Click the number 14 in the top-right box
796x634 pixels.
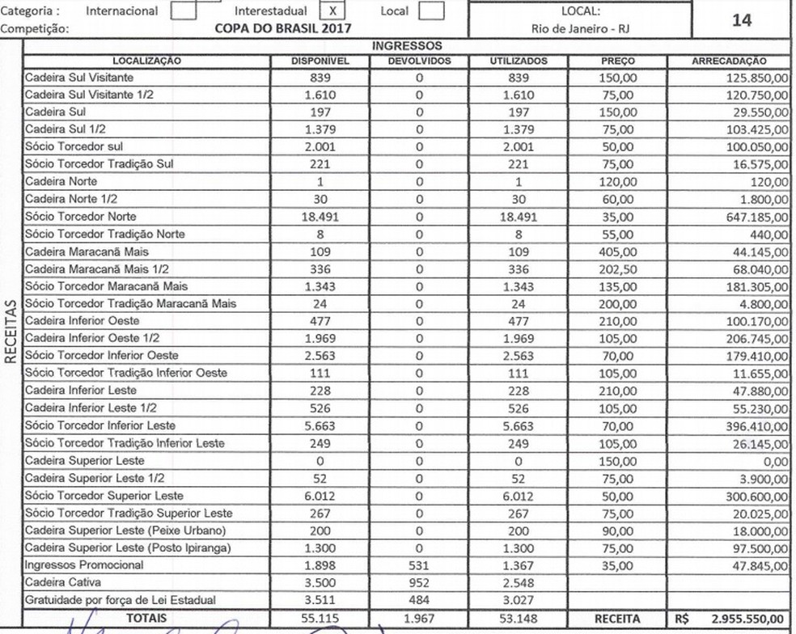tap(741, 20)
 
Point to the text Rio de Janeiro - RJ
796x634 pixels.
tap(580, 29)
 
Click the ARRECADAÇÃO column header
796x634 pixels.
tap(729, 61)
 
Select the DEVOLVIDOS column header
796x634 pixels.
tap(419, 61)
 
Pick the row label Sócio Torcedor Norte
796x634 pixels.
tap(81, 217)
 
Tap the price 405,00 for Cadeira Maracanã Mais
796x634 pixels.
tap(618, 251)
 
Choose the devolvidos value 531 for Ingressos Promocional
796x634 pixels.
tap(419, 564)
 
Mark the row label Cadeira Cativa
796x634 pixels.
tap(63, 582)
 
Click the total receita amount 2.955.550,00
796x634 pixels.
tap(747, 619)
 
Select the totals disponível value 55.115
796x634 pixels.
tap(320, 619)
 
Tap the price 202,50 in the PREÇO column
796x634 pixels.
tap(618, 268)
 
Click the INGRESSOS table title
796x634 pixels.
tap(407, 47)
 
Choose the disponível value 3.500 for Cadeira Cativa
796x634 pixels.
tap(320, 582)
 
